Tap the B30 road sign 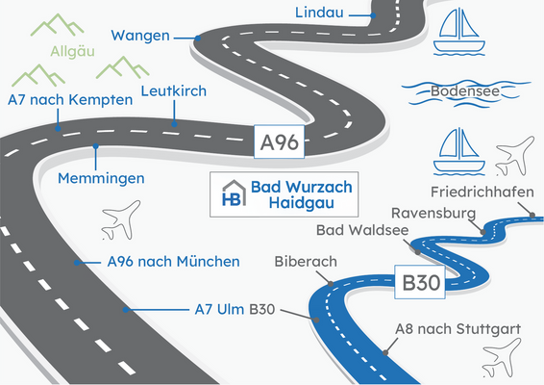coord(421,284)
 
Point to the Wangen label coord(140,36)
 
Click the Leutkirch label coord(174,91)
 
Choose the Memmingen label coord(101,178)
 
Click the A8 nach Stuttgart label coord(457,329)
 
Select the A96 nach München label coord(160,261)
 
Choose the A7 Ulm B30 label coord(229,309)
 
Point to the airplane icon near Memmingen coord(120,222)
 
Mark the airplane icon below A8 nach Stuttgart coord(505,364)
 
